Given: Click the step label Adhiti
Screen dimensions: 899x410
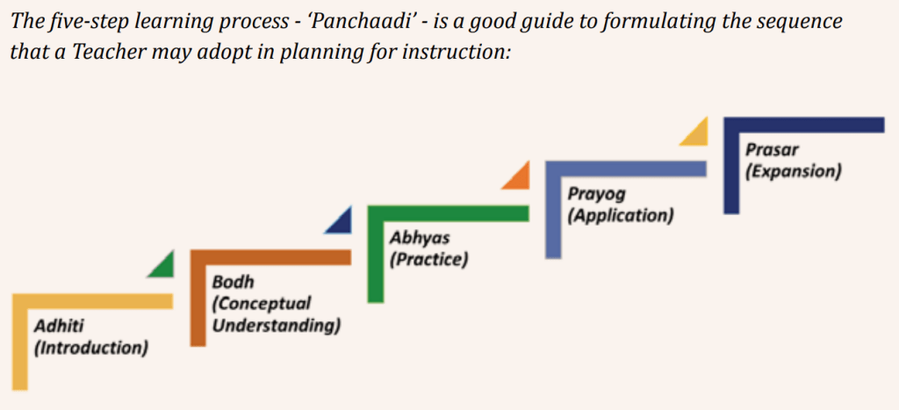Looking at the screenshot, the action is pos(59,327).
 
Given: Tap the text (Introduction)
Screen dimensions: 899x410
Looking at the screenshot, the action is pos(91,348).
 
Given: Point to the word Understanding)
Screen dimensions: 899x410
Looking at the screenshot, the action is pos(277,326).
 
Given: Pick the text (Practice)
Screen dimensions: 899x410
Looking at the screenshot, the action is pos(428,259).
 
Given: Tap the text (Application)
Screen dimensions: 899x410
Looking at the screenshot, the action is pos(620,216).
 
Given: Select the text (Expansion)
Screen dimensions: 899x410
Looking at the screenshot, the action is pos(793,171).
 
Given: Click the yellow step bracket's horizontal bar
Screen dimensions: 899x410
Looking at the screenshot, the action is pos(92,302).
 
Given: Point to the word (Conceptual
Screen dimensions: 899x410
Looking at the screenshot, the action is pos(262,304).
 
